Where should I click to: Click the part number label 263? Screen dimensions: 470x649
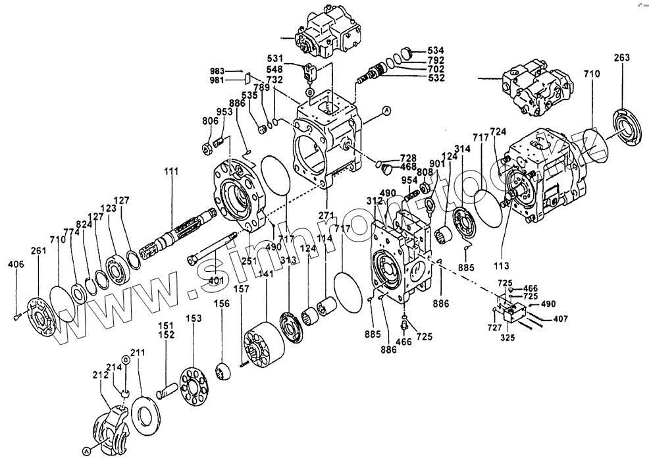pos(622,57)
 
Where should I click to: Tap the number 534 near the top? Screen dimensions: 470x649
pos(435,51)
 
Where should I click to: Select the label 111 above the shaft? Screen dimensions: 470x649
pos(171,172)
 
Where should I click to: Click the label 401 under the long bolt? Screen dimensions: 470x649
pos(217,281)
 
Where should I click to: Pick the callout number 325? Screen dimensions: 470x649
pos(507,338)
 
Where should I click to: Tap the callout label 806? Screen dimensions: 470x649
pos(210,121)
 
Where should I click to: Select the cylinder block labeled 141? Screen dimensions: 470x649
pos(262,342)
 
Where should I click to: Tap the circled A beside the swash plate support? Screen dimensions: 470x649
pos(86,451)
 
